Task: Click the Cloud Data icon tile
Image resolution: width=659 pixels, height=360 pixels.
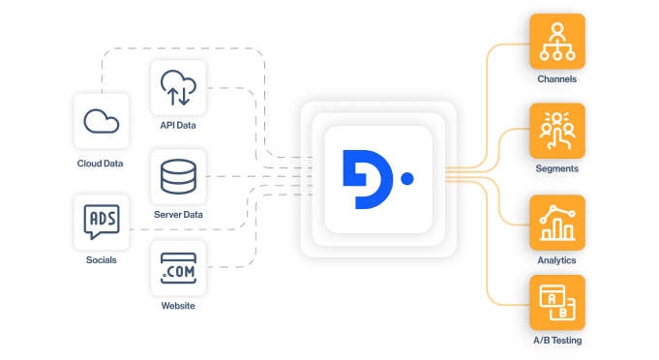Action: point(102,121)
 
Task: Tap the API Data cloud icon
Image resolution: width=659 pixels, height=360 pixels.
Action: point(179,88)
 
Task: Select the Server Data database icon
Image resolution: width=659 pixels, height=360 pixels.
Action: point(179,176)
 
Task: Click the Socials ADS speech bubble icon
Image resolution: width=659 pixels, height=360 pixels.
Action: point(102,223)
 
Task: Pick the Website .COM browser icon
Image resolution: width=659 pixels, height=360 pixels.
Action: point(179,268)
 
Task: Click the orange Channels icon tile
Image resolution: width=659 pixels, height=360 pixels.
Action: point(557,42)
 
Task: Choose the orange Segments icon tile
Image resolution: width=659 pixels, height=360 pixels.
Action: point(557,131)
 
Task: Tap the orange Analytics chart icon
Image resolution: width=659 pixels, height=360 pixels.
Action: point(557,223)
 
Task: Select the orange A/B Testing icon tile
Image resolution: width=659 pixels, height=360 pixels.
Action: point(557,303)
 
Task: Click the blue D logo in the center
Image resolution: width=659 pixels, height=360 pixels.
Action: point(364,179)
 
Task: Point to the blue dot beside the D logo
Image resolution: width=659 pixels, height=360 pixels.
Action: point(406,179)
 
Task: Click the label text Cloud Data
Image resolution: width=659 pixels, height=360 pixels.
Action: point(101,164)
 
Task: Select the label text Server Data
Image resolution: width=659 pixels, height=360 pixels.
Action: point(179,214)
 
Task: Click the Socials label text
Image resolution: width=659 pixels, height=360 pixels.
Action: point(101,259)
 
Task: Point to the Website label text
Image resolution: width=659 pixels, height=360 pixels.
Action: point(178,306)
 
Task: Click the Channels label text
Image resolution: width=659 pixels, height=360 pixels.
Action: point(557,78)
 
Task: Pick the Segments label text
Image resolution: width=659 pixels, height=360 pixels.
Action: point(557,168)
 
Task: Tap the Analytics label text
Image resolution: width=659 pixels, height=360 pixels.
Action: point(557,260)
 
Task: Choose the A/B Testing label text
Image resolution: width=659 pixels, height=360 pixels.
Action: point(557,341)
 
